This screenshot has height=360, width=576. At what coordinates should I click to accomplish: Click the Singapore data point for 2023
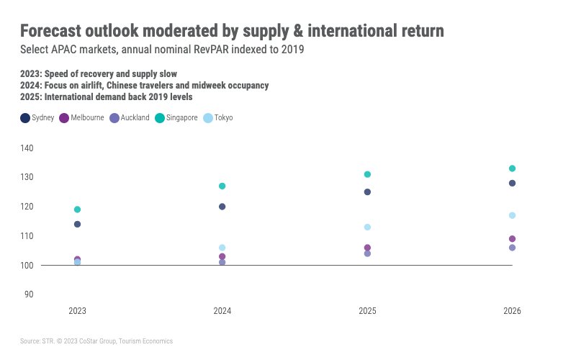[78, 210]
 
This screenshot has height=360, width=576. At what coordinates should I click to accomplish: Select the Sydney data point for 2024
[222, 207]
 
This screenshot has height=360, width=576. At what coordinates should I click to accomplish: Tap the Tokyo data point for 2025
[367, 227]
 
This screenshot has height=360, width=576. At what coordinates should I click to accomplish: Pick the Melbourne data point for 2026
[512, 239]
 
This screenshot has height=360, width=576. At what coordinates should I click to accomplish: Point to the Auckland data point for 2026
[512, 248]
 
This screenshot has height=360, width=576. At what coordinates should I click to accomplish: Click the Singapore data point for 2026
[512, 168]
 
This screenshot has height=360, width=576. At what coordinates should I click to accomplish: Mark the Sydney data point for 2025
[367, 192]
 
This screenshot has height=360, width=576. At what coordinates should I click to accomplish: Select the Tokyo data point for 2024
[222, 248]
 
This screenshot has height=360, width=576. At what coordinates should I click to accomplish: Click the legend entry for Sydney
[37, 118]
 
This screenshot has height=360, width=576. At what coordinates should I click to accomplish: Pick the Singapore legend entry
[181, 118]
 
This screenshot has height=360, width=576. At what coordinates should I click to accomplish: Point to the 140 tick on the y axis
[27, 148]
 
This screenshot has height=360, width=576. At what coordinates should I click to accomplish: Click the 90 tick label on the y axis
[29, 294]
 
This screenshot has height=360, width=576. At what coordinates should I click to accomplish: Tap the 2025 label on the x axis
[367, 311]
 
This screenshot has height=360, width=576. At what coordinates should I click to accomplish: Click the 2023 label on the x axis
[78, 311]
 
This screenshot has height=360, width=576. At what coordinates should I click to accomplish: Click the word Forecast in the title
[54, 31]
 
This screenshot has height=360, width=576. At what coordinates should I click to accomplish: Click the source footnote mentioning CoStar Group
[96, 341]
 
